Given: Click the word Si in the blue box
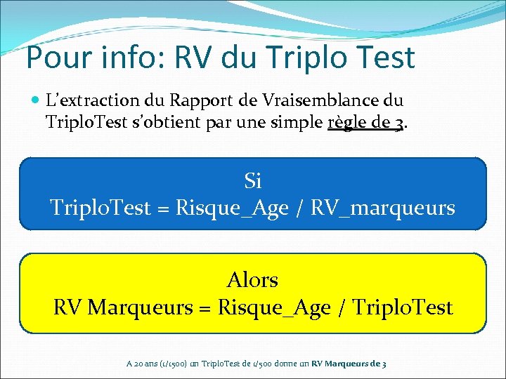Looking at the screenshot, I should click(x=253, y=181).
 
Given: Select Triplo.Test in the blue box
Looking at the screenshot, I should click(x=100, y=208).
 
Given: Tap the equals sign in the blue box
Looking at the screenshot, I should click(x=164, y=208).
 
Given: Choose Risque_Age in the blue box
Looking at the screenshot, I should click(x=233, y=208).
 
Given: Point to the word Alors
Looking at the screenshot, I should click(x=253, y=280).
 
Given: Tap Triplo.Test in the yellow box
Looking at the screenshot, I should click(x=403, y=307).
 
